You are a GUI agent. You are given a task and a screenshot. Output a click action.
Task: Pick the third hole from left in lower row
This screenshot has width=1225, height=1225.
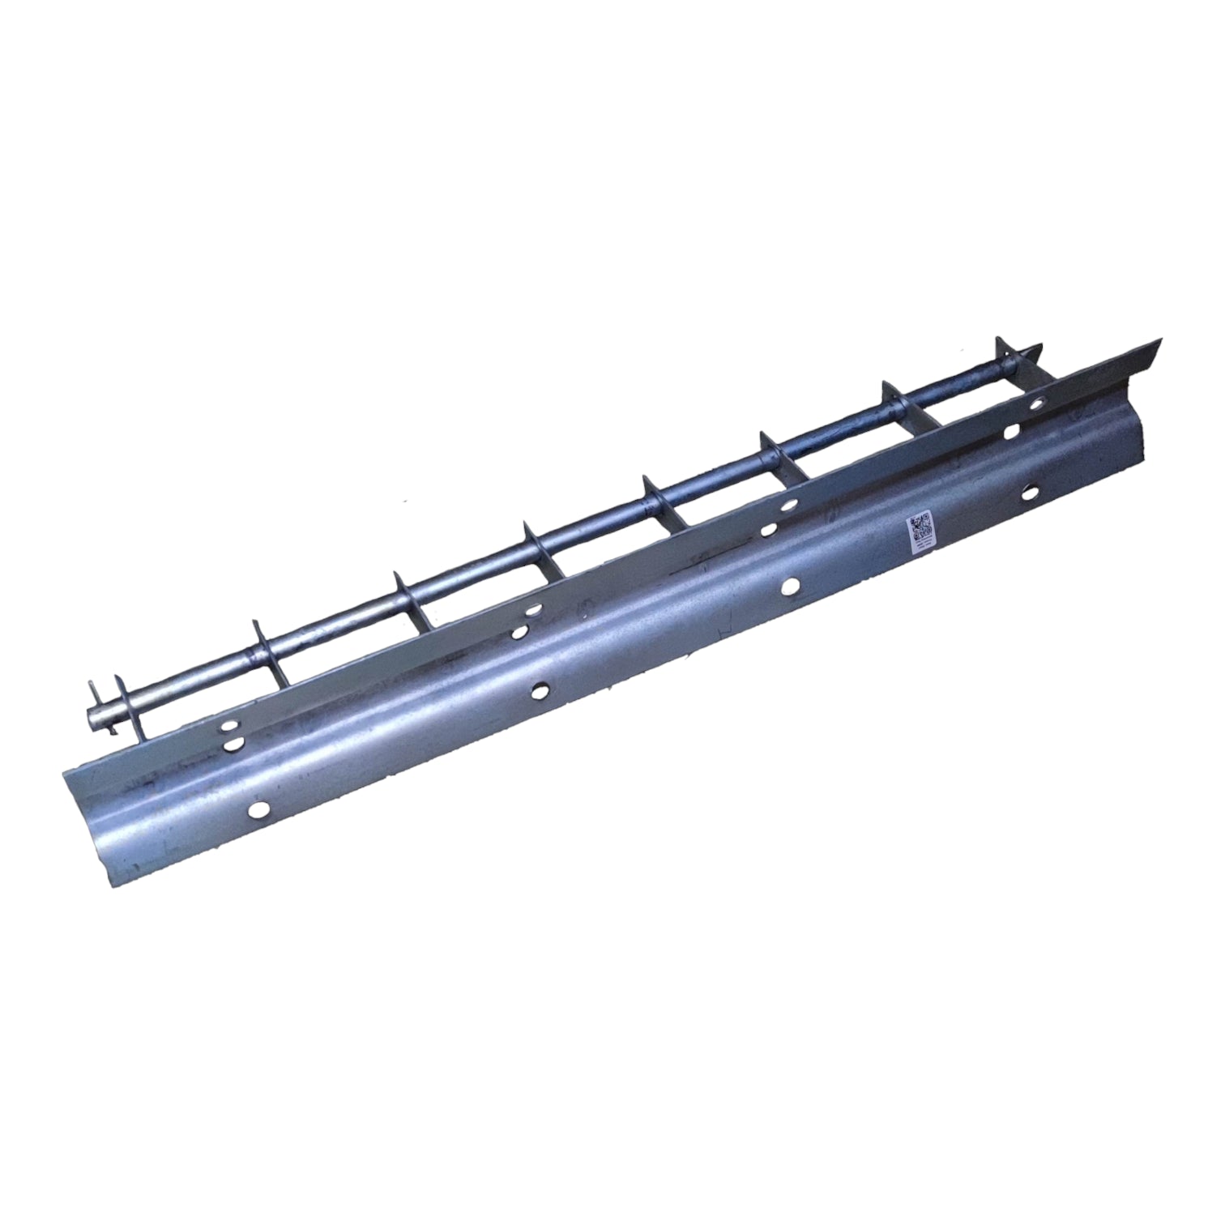pyautogui.click(x=789, y=584)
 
